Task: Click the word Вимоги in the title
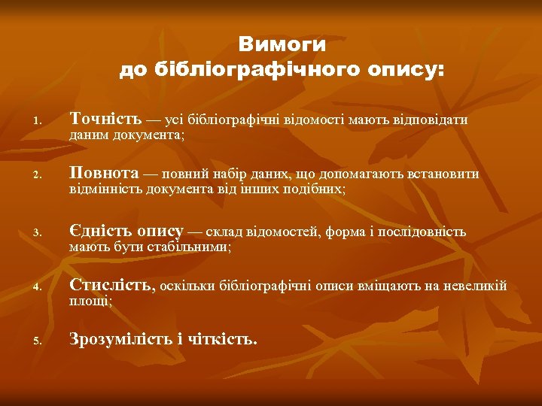282,44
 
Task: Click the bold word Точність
105,119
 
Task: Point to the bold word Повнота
104,174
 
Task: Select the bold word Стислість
111,285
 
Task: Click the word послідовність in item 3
428,231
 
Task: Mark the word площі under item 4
90,301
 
